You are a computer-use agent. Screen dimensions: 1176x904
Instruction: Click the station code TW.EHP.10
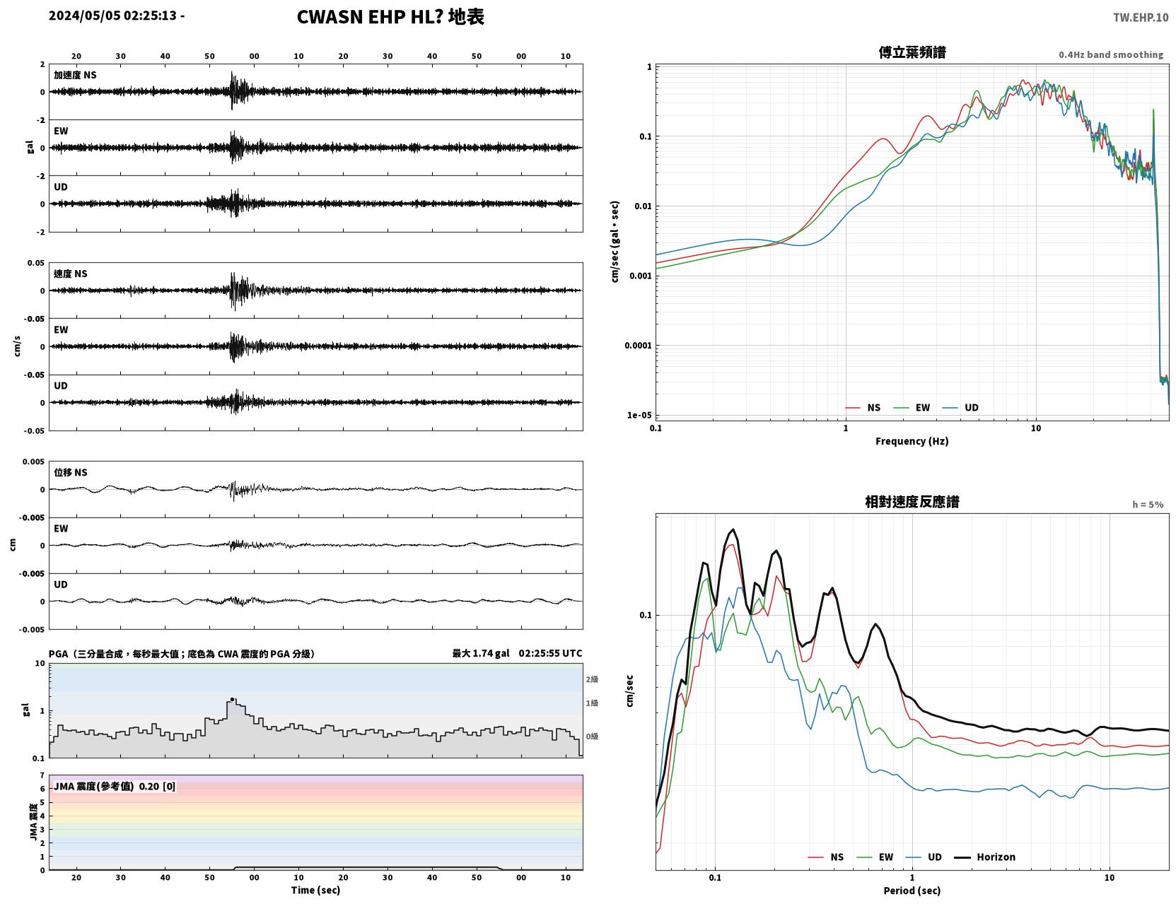[1140, 17]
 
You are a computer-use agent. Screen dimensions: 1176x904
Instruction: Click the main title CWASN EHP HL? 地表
[390, 17]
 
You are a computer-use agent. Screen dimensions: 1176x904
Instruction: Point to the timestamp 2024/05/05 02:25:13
[112, 15]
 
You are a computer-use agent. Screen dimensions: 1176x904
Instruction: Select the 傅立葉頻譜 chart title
[912, 52]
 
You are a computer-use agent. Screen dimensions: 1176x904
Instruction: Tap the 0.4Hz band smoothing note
[1110, 54]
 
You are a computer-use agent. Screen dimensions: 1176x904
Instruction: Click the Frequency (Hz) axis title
[912, 441]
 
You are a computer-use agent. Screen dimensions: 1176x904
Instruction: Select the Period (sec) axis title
[912, 891]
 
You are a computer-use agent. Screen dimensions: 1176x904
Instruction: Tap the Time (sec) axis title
[315, 890]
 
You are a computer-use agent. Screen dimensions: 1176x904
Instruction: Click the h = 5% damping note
[1147, 505]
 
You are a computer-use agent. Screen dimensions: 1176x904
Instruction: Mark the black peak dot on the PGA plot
[232, 699]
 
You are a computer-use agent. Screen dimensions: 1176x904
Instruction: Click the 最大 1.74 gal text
[481, 653]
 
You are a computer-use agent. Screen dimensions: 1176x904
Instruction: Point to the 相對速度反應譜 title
[912, 502]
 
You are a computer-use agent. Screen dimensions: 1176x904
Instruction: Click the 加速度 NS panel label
[75, 75]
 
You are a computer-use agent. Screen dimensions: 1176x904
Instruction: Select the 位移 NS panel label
[70, 473]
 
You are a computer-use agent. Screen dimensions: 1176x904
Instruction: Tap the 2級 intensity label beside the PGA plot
[592, 679]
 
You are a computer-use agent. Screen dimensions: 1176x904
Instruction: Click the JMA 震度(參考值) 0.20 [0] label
[114, 786]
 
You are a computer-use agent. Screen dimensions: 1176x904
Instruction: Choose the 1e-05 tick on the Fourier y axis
[639, 415]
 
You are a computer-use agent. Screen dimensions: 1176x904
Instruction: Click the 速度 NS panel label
[70, 274]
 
